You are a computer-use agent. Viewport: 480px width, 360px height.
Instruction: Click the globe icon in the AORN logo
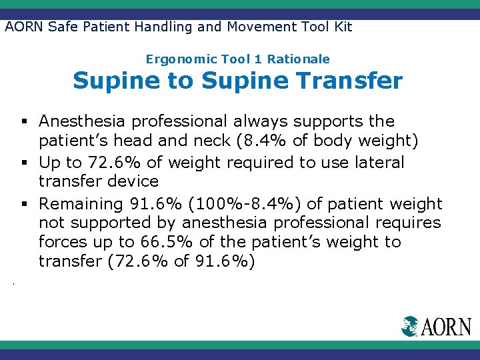tap(409, 326)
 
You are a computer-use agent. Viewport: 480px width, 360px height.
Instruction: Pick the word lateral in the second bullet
tap(379, 162)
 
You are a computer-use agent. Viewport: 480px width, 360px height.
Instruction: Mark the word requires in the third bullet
tap(411, 222)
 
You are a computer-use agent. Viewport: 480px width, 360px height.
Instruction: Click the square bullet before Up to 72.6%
tap(24, 163)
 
